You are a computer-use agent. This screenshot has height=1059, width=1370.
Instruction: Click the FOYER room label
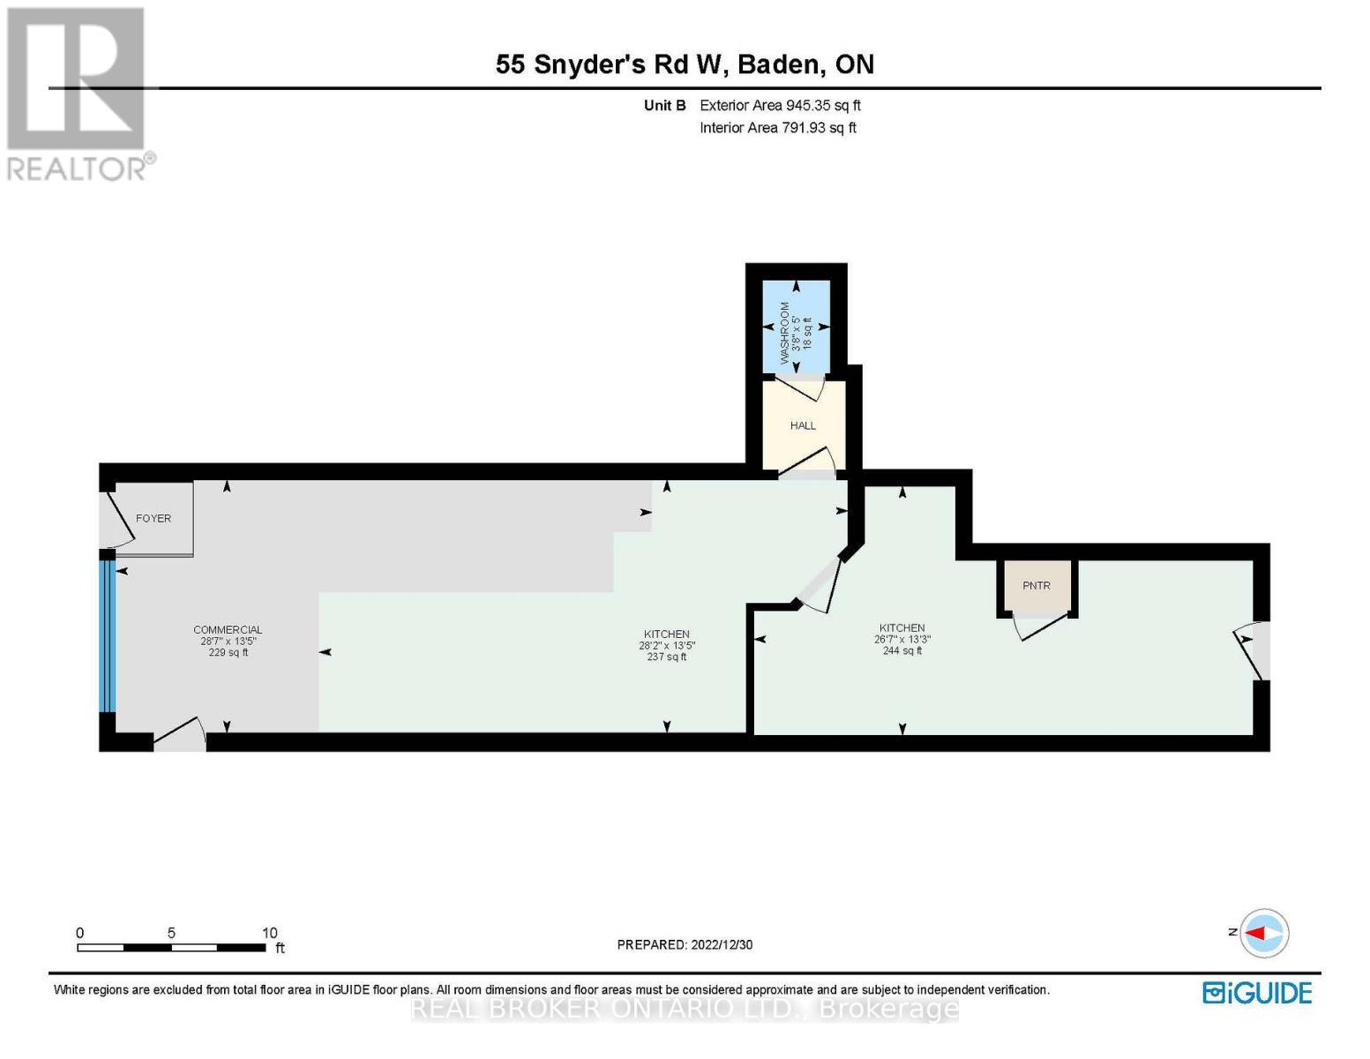153,518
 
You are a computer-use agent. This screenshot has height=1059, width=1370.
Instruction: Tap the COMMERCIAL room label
228,629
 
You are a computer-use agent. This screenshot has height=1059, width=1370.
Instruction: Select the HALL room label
803,425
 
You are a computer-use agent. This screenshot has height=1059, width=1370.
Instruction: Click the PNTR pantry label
1037,585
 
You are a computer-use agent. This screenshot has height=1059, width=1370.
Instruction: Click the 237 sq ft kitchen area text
666,657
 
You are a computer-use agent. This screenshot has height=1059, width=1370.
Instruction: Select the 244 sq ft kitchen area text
902,650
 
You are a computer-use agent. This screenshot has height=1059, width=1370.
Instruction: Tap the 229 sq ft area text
228,653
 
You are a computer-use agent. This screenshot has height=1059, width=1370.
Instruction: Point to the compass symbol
1263,933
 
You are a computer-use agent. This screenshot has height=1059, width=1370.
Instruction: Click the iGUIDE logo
1257,993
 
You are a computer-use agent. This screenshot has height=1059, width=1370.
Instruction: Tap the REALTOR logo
78,93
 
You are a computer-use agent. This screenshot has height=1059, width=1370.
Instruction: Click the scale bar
171,947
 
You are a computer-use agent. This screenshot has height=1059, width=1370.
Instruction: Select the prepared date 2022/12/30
685,944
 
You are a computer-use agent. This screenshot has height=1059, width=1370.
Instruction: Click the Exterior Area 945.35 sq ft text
780,105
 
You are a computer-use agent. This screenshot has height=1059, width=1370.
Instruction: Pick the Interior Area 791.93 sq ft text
778,127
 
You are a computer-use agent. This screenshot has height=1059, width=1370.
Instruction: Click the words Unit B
664,105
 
